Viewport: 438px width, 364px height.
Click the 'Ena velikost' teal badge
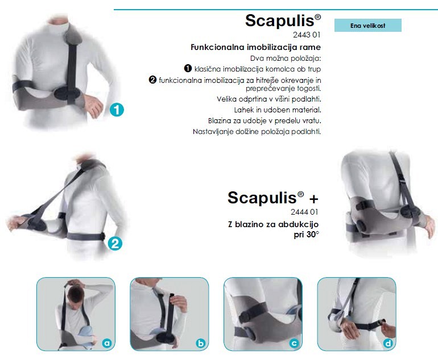click(x=368, y=26)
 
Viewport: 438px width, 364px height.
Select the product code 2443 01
click(x=307, y=35)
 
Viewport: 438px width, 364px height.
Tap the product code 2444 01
click(x=304, y=212)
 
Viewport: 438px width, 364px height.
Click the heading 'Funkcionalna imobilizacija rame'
click(x=255, y=47)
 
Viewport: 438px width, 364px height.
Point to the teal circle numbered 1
click(x=117, y=110)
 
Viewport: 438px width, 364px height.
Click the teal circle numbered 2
click(x=115, y=243)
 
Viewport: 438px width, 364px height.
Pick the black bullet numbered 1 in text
click(x=188, y=68)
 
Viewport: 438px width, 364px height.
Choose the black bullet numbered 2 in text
click(x=152, y=80)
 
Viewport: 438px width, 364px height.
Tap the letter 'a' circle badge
click(x=107, y=343)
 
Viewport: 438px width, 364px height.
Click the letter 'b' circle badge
click(x=201, y=343)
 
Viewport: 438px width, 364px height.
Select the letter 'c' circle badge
click(x=294, y=343)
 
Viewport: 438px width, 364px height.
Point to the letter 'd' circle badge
click(x=388, y=343)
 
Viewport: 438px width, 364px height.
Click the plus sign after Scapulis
click(x=313, y=199)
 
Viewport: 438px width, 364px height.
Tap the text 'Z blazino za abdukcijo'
click(x=273, y=224)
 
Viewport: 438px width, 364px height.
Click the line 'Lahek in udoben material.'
click(x=278, y=110)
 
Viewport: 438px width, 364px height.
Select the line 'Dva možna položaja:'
click(x=286, y=58)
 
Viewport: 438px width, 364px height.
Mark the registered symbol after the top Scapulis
click(x=317, y=17)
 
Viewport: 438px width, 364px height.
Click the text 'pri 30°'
click(x=306, y=235)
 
